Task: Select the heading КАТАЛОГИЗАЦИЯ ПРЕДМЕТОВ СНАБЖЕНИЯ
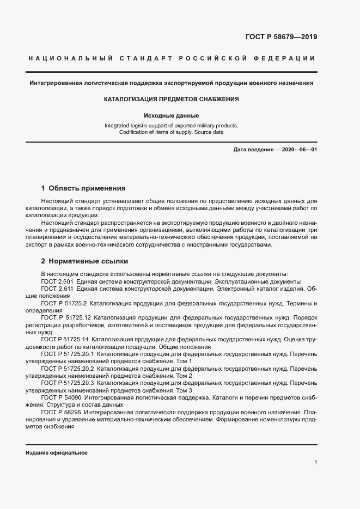coord(172,100)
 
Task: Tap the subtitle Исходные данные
coord(172,115)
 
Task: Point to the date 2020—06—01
coord(298,149)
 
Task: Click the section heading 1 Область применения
coord(83,188)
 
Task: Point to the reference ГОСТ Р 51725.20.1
coord(68,354)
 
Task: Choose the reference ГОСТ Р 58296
coord(61,413)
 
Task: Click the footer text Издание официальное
coord(57,453)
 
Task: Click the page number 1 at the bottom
coord(316,462)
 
